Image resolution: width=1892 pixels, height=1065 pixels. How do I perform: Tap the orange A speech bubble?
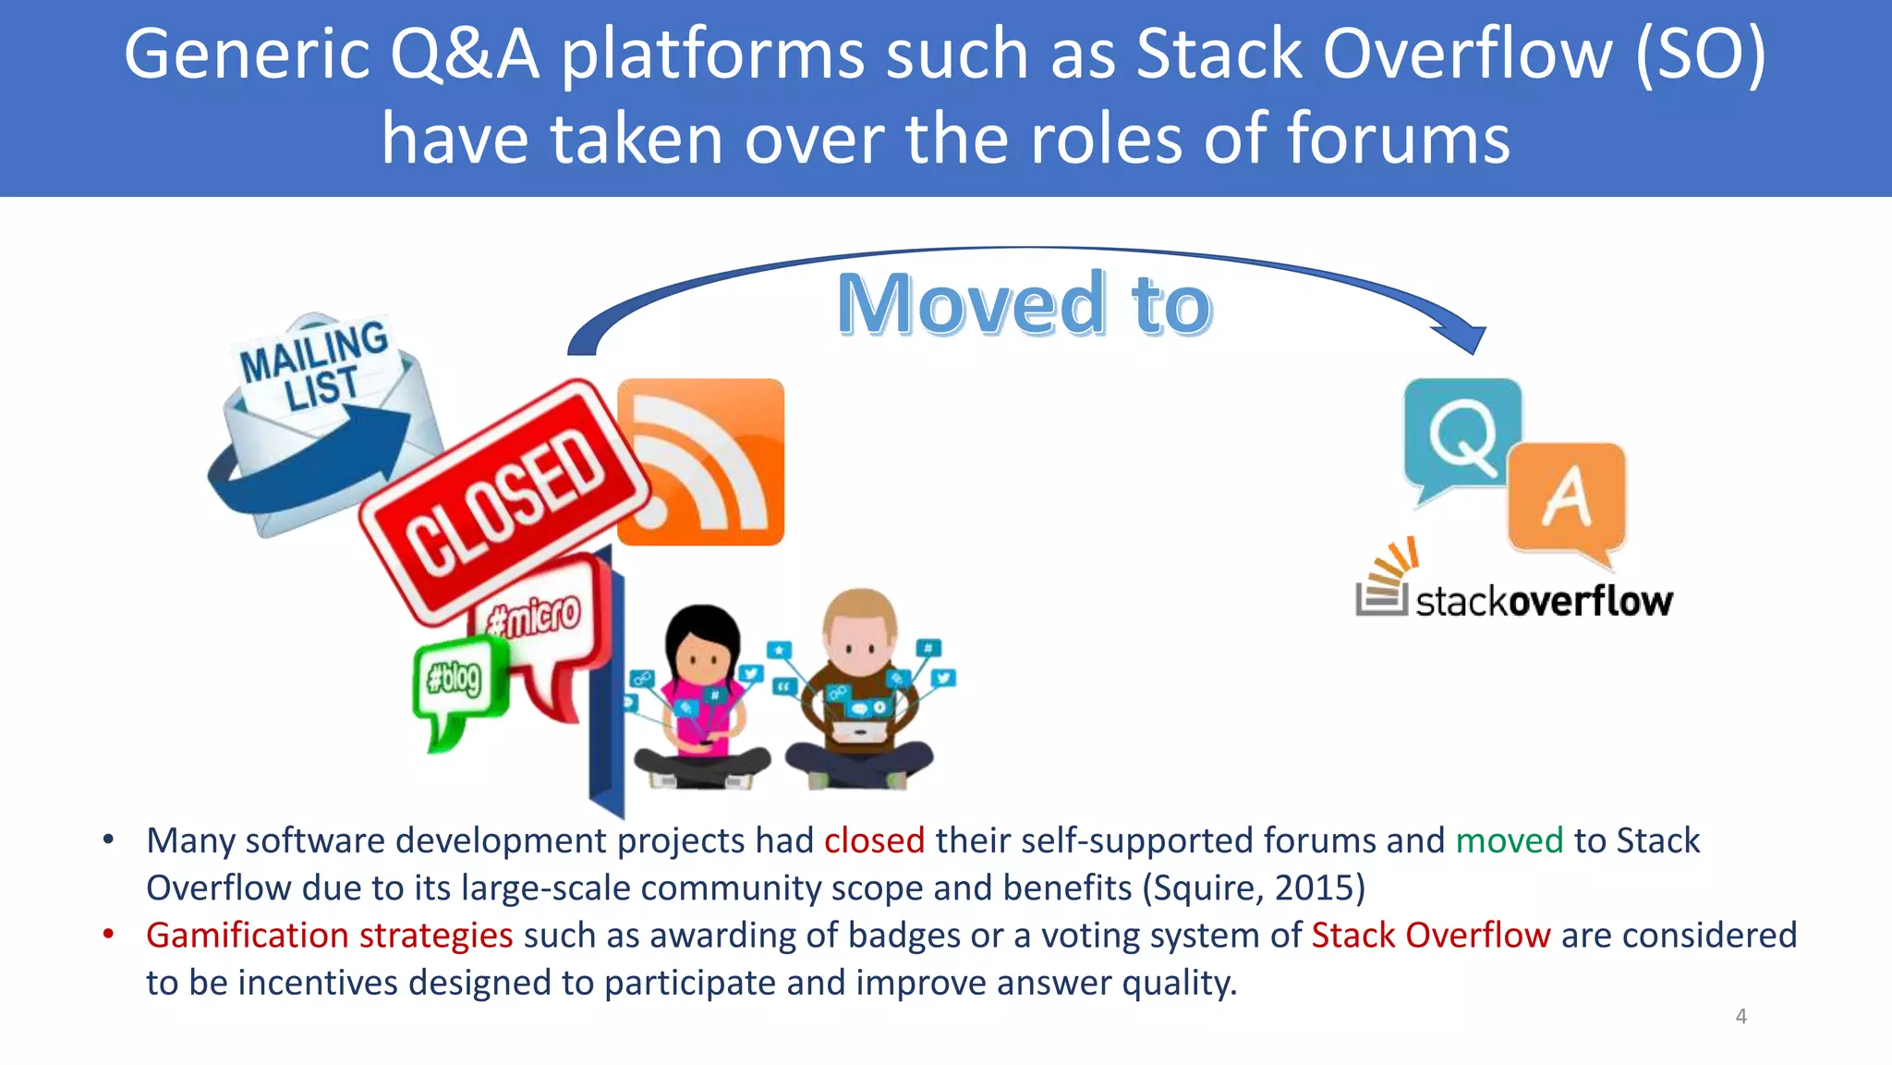pyautogui.click(x=1567, y=499)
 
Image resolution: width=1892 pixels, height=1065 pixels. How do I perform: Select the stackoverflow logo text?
pyautogui.click(x=1543, y=602)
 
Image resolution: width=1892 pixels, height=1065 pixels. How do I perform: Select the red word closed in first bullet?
pyautogui.click(x=873, y=840)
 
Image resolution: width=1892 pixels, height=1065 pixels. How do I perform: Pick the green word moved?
pyautogui.click(x=1509, y=840)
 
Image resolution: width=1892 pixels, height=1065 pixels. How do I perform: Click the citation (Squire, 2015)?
pyautogui.click(x=1254, y=887)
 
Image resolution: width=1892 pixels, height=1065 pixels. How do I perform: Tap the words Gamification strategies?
pyautogui.click(x=329, y=935)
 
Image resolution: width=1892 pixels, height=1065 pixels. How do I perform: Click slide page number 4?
pyautogui.click(x=1740, y=1016)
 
